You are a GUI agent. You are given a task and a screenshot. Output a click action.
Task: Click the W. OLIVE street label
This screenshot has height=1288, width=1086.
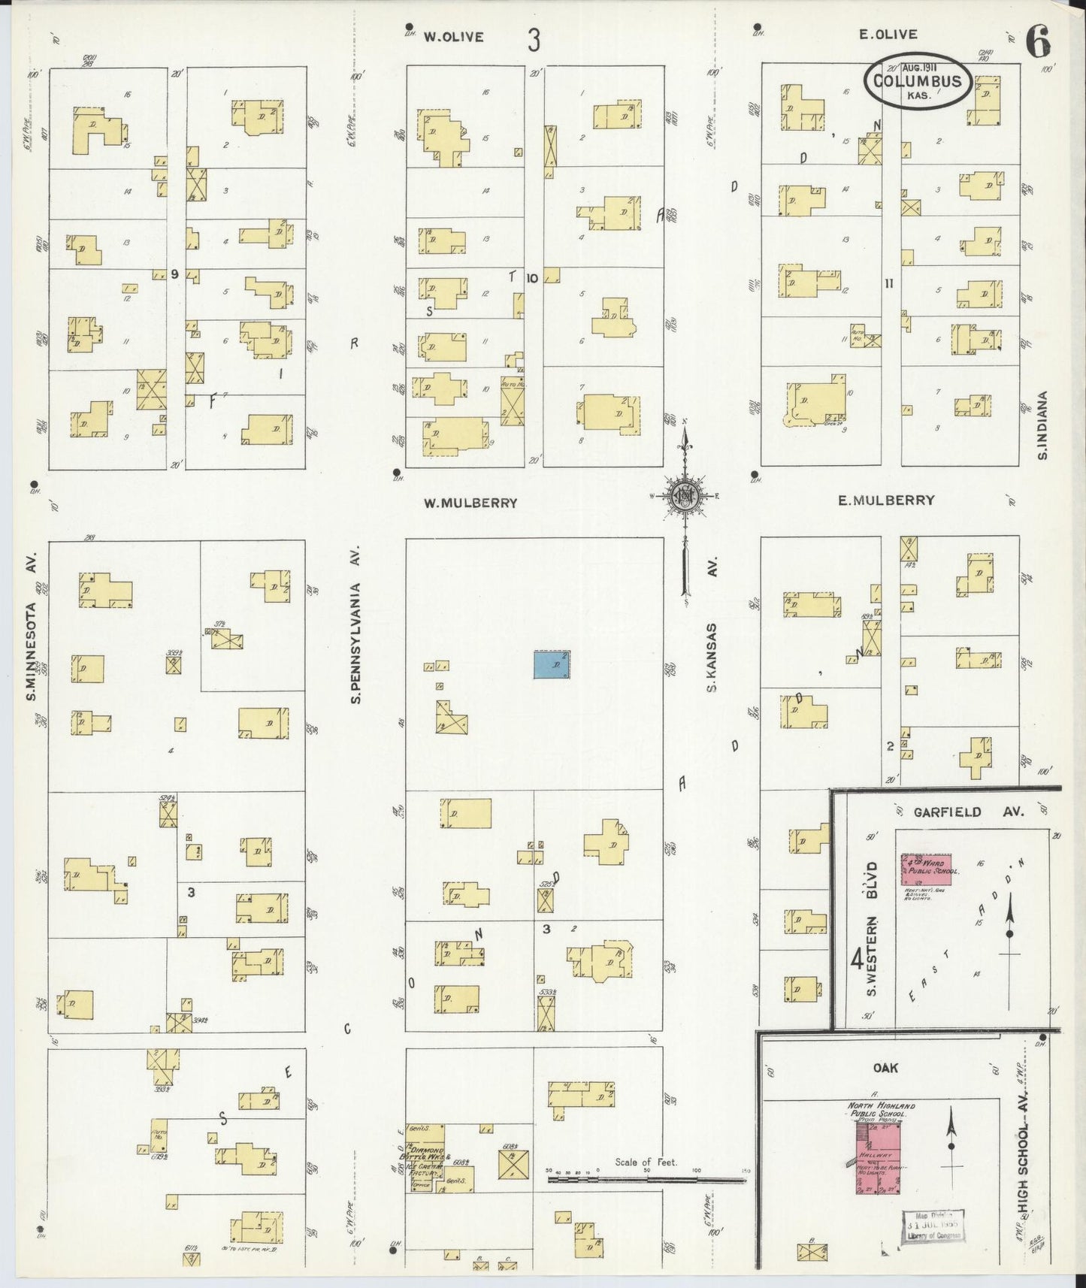click(452, 37)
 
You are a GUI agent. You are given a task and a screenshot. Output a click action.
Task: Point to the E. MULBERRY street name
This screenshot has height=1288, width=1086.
click(886, 500)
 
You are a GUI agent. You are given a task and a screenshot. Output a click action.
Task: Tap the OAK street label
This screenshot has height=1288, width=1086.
click(885, 1068)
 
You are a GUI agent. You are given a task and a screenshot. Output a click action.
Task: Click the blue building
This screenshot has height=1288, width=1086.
click(552, 665)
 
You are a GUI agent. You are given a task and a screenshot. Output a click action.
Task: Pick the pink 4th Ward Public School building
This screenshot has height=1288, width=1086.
click(926, 869)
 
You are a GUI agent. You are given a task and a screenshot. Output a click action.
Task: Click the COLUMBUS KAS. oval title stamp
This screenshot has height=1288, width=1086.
click(917, 80)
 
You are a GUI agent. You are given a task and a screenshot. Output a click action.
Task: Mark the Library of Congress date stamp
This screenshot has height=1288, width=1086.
click(933, 1226)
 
